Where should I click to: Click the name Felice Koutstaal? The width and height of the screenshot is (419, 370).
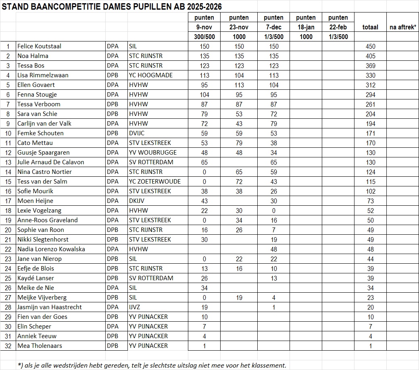pyautogui.click(x=39, y=46)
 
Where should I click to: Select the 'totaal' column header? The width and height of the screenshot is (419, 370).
pyautogui.click(x=370, y=27)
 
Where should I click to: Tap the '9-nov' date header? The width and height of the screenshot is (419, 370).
pyautogui.click(x=204, y=27)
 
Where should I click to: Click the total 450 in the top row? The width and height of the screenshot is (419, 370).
pyautogui.click(x=370, y=46)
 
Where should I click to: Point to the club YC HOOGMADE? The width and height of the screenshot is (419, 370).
pyautogui.click(x=151, y=75)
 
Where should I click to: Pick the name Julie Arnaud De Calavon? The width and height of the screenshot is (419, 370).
pyautogui.click(x=51, y=162)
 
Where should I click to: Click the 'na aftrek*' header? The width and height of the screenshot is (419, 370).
pyautogui.click(x=402, y=27)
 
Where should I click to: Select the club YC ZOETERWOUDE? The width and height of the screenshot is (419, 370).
pyautogui.click(x=155, y=182)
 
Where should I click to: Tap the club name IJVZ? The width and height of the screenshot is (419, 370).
pyautogui.click(x=135, y=307)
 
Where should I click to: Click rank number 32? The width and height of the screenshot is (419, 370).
pyautogui.click(x=8, y=346)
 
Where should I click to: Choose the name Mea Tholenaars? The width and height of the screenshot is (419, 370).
pyautogui.click(x=40, y=346)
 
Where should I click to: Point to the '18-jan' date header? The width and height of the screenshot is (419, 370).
pyautogui.click(x=306, y=27)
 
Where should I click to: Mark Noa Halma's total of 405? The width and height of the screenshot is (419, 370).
pyautogui.click(x=370, y=56)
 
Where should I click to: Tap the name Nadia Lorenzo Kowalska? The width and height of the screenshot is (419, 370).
pyautogui.click(x=51, y=249)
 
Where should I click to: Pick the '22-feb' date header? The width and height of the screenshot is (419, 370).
pyautogui.click(x=338, y=27)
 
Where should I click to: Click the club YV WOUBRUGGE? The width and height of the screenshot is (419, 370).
pyautogui.click(x=153, y=153)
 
